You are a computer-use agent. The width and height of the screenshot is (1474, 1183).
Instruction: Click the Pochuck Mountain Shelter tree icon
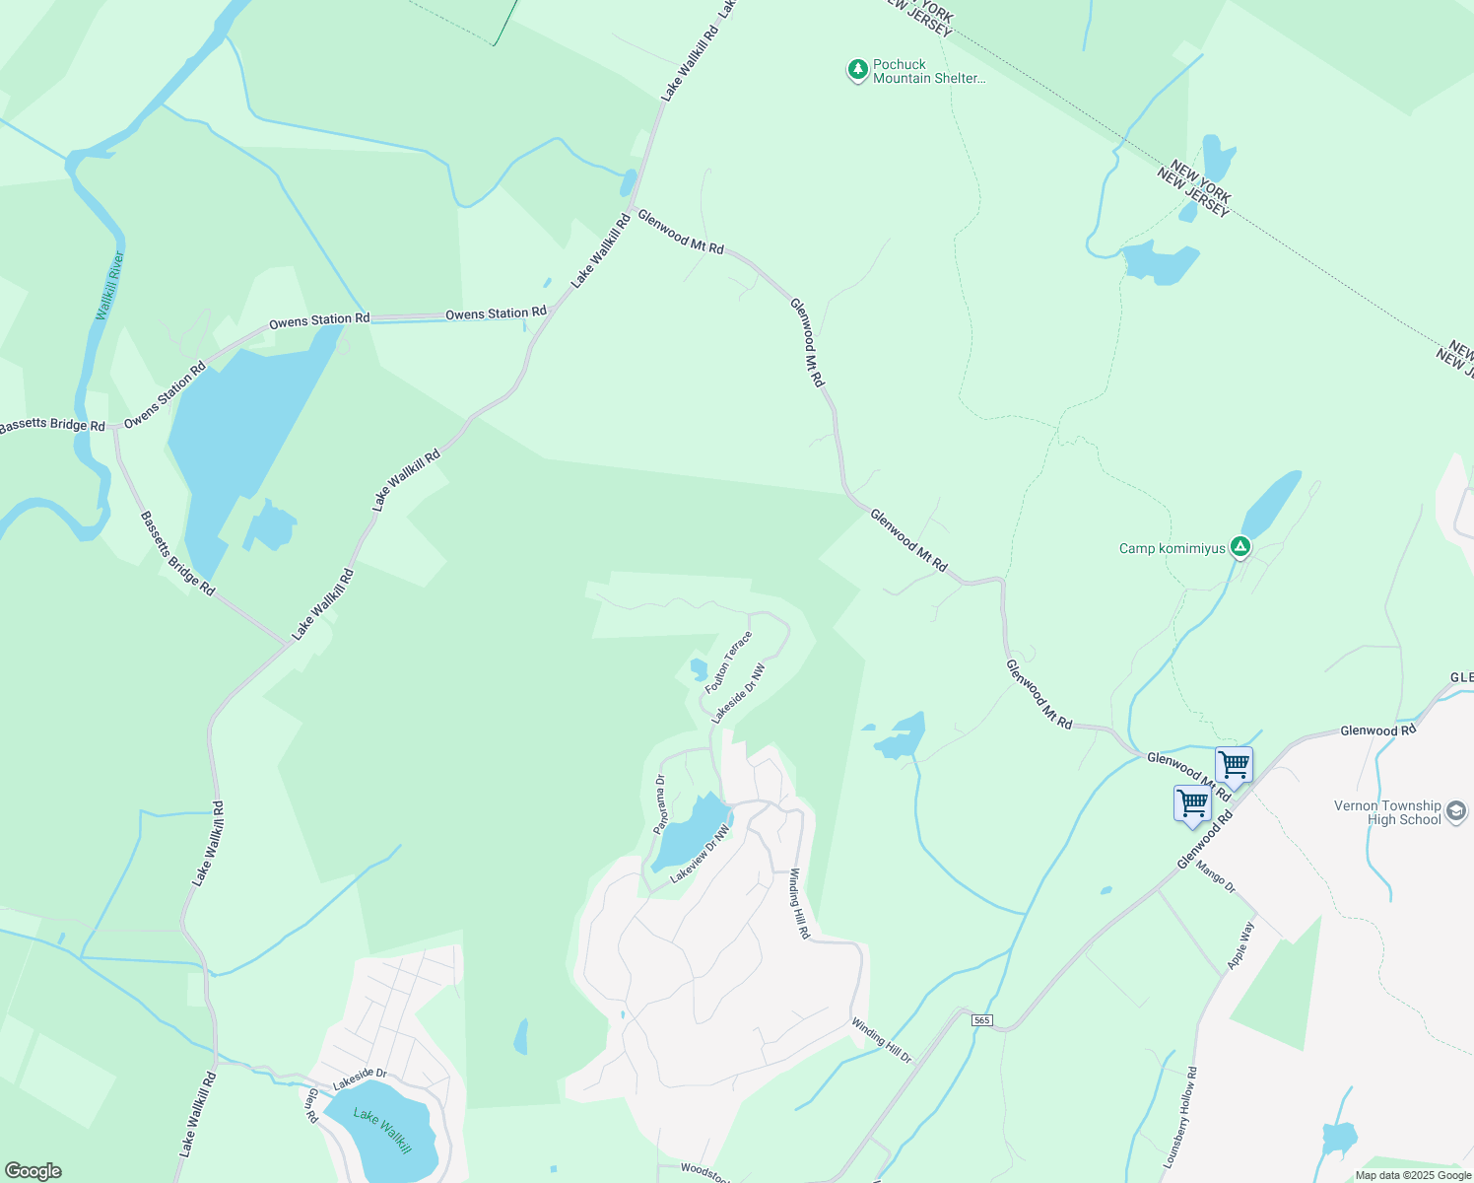point(858,70)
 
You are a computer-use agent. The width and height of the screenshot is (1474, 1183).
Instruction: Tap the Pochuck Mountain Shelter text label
point(928,72)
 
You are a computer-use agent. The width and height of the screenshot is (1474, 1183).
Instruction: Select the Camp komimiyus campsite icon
point(1240,546)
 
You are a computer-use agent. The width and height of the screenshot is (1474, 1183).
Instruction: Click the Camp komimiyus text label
point(1172,548)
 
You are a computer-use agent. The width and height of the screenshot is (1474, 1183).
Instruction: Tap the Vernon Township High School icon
point(1456,812)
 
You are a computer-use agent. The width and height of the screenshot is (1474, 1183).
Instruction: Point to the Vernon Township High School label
point(1387,812)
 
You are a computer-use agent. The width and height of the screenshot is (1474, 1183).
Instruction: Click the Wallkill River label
point(110,286)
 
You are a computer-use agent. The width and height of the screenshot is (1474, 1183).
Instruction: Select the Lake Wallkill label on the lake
point(382,1130)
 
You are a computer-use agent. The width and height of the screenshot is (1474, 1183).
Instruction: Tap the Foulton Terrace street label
point(728,662)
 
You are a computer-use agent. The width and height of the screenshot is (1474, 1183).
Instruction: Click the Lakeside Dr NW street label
point(739,693)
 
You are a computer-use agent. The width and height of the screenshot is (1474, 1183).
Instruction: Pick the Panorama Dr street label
point(660,804)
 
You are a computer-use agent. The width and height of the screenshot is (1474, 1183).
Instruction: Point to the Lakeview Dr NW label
point(701,855)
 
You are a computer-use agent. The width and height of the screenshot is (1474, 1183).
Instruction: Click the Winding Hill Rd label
point(799,903)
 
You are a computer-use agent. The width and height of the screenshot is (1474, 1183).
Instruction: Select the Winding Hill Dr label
point(882,1040)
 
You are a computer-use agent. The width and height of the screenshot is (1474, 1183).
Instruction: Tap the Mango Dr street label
point(1215,876)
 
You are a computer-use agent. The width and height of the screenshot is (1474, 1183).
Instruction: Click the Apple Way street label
point(1241,945)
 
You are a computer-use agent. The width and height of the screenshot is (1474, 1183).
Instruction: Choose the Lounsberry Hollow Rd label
point(1179,1117)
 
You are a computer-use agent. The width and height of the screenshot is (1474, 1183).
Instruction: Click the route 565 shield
point(981,1019)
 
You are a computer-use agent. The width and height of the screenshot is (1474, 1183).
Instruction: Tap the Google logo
point(33,1170)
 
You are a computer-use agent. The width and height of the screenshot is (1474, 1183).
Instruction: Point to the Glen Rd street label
point(312,1105)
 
